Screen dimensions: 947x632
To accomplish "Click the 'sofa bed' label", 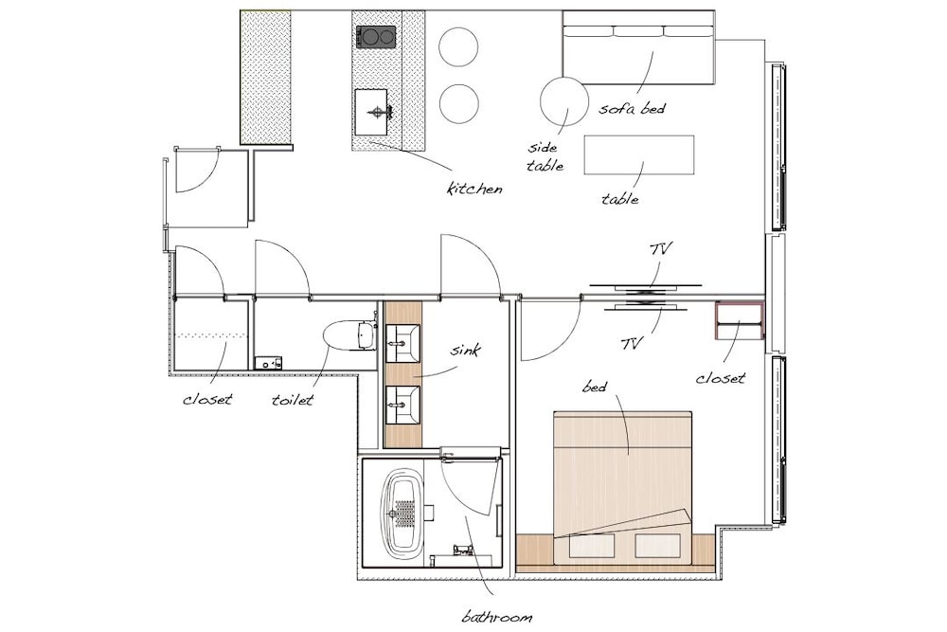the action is click(632, 109).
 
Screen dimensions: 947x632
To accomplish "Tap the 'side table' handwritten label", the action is click(545, 156).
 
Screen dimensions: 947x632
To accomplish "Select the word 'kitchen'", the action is click(474, 189).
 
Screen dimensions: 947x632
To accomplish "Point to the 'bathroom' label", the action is click(497, 617).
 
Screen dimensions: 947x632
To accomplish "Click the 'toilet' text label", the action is click(293, 399).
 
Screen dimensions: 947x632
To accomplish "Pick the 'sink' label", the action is click(466, 350).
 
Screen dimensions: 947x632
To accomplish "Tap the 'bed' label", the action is click(595, 386).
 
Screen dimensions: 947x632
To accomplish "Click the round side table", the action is click(564, 100).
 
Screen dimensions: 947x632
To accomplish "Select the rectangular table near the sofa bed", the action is click(639, 155).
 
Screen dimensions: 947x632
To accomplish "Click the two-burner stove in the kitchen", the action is click(376, 37).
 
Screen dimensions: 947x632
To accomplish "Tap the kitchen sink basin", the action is click(371, 112).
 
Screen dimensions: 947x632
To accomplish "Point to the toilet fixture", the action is click(349, 335).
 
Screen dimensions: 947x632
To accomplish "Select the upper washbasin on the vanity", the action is click(402, 343).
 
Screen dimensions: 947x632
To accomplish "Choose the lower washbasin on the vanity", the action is click(402, 405).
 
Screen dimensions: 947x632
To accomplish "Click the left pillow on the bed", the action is click(592, 546).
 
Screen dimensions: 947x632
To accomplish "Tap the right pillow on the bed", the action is click(658, 546).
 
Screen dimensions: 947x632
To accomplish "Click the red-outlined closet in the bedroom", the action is click(740, 321).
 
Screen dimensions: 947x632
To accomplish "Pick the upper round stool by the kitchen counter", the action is click(459, 47).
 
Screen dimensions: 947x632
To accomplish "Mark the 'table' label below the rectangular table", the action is click(620, 199).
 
